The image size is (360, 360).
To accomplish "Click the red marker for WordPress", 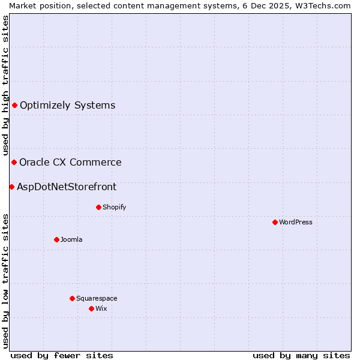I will [x=275, y=222].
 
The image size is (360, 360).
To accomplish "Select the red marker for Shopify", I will [x=98, y=207].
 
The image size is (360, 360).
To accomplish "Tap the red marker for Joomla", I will [x=56, y=239].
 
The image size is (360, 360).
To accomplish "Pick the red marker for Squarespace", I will [x=72, y=298].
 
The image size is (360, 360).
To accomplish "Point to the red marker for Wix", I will [x=91, y=308].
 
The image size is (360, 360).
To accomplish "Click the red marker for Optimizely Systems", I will [x=14, y=106].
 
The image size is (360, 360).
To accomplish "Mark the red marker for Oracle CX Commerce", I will [x=14, y=162].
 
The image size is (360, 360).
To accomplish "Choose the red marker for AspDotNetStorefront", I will [x=11, y=187].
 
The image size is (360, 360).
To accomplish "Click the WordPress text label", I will [x=295, y=222].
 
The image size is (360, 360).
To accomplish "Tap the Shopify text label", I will [x=114, y=207].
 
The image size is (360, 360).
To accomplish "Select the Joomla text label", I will [x=71, y=239].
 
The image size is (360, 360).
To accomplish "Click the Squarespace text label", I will [x=97, y=298].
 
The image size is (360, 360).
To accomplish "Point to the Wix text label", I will [x=101, y=308].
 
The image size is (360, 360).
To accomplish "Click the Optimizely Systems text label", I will [x=67, y=106].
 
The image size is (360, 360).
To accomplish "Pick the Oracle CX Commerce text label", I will [x=70, y=162].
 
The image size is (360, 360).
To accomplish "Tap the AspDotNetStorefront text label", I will [x=67, y=187].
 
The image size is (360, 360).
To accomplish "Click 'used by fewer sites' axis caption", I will [x=62, y=355].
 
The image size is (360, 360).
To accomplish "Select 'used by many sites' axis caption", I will [x=301, y=355].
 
